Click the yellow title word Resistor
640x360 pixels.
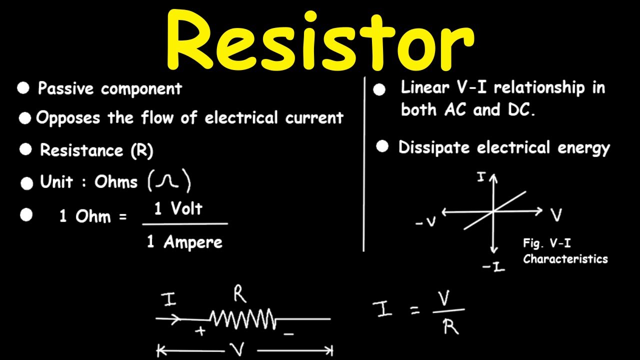click(320, 41)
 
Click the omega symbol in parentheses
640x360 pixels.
click(169, 182)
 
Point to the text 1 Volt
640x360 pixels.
click(178, 208)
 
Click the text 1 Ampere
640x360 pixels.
click(184, 242)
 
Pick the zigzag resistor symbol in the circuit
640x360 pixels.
click(242, 318)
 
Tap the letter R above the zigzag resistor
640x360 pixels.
click(240, 295)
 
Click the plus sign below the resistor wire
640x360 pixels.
click(201, 331)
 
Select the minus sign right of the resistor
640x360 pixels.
click(288, 333)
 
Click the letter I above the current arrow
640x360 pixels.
click(169, 299)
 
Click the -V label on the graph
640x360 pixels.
click(425, 222)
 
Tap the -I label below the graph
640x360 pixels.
click(493, 267)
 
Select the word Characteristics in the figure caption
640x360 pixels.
click(565, 259)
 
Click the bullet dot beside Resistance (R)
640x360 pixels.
click(25, 150)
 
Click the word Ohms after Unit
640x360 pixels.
click(116, 182)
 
